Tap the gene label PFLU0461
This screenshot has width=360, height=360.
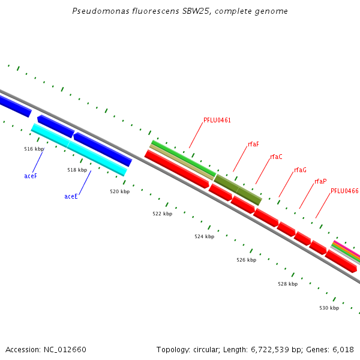click(x=217, y=121)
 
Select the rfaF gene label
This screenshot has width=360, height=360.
click(x=254, y=145)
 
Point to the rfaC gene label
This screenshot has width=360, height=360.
click(x=276, y=157)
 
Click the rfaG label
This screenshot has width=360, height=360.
click(x=300, y=170)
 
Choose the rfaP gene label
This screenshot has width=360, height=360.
click(x=320, y=181)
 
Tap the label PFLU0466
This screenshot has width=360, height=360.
click(x=344, y=191)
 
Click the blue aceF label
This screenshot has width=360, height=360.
click(x=31, y=176)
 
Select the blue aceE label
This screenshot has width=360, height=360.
click(x=71, y=196)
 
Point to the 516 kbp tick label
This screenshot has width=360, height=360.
click(x=34, y=149)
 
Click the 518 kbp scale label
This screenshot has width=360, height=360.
click(x=77, y=170)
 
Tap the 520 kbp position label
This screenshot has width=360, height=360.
click(x=119, y=192)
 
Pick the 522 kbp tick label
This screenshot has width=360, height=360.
click(x=162, y=214)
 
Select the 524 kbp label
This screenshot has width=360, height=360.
click(x=204, y=237)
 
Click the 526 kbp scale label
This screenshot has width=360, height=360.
click(x=246, y=260)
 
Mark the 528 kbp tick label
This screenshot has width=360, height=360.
click(x=287, y=284)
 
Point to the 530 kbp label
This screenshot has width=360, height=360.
click(x=329, y=308)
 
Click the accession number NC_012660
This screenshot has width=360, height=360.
click(x=64, y=350)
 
